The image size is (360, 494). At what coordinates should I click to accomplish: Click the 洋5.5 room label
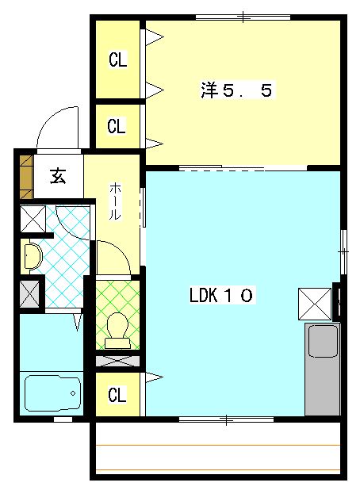[x=236, y=91]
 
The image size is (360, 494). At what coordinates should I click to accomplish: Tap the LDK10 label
[x=221, y=296]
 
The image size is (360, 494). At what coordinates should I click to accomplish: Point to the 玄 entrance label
[x=58, y=175]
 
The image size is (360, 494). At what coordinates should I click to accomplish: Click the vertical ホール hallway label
[x=115, y=201]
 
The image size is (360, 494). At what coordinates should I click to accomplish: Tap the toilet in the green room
[x=117, y=328]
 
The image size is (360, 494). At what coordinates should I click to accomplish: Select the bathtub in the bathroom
[x=52, y=393]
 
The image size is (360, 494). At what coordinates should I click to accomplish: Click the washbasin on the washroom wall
[x=32, y=255]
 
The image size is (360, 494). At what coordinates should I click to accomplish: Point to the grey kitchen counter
[x=322, y=370]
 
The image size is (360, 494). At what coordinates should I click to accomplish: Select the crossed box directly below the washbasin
[x=31, y=293]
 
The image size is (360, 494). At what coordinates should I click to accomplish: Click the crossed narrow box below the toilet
[x=117, y=361]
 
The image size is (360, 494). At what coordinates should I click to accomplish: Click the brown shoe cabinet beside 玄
[x=25, y=176]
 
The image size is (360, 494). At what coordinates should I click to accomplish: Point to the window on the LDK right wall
[x=343, y=250]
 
